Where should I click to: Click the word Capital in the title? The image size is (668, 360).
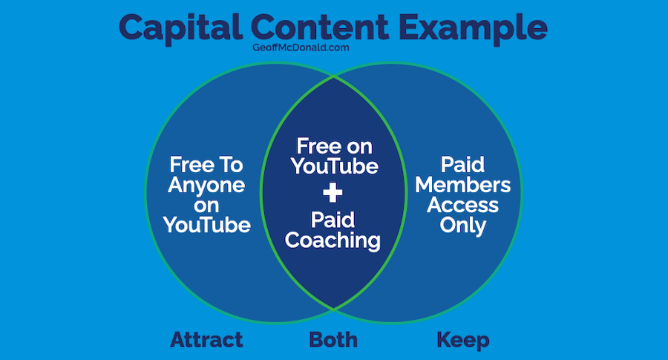coord(180,28)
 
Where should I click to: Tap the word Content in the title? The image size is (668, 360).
coord(320,27)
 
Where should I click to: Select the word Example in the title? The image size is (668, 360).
coord(473,29)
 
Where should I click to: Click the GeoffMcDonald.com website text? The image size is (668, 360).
coord(301,48)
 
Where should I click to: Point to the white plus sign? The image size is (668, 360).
coord(333,192)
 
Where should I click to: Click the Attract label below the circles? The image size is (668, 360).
coord(206,340)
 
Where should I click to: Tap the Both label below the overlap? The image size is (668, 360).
coord(333,340)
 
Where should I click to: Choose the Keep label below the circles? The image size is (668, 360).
coord(463,341)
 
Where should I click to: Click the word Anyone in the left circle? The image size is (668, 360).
coord(206,186)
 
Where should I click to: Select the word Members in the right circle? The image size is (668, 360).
coord(463,185)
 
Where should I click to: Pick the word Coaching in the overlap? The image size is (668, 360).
coord(333,241)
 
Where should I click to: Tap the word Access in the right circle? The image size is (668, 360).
coord(463,205)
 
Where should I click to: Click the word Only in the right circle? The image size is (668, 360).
coord(463,226)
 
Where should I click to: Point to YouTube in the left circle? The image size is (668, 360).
coord(206,225)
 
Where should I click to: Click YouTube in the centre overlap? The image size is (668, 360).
coord(335,166)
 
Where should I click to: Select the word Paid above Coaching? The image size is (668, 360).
coord(333,220)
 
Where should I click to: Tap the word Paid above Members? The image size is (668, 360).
coord(463,165)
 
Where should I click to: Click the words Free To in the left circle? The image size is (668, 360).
coord(206,165)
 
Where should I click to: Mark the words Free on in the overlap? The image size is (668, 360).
coord(335,146)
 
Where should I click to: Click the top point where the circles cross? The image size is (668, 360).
coord(333,77)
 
